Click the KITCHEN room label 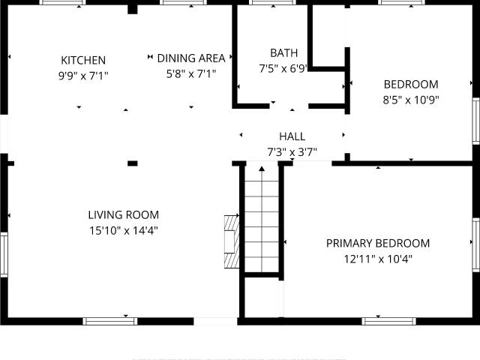pyautogui.click(x=83, y=60)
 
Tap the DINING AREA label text pyautogui.click(x=191, y=58)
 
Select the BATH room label pyautogui.click(x=283, y=53)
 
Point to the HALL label pyautogui.click(x=292, y=136)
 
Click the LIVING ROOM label pyautogui.click(x=123, y=215)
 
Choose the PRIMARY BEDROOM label pyautogui.click(x=378, y=243)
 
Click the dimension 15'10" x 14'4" pyautogui.click(x=123, y=230)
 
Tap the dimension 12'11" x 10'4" pyautogui.click(x=378, y=259)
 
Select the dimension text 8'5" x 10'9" pyautogui.click(x=411, y=100)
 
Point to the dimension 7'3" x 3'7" pyautogui.click(x=292, y=151)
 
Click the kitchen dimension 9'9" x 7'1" pyautogui.click(x=83, y=76)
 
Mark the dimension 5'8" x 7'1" pyautogui.click(x=191, y=73)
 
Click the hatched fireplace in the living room pyautogui.click(x=232, y=241)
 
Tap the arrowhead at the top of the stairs pyautogui.click(x=262, y=168)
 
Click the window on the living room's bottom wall pyautogui.click(x=110, y=321)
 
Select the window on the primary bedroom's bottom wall pyautogui.click(x=388, y=321)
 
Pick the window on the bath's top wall pyautogui.click(x=273, y=2)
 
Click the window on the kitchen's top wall pyautogui.click(x=63, y=2)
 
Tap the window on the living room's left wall pyautogui.click(x=4, y=255)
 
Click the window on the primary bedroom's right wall pyautogui.click(x=476, y=244)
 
